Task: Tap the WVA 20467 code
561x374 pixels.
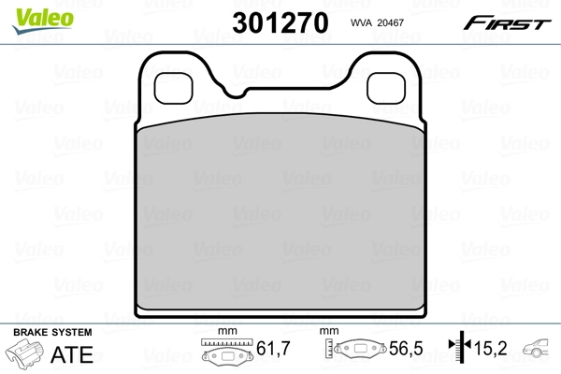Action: [x=376, y=22]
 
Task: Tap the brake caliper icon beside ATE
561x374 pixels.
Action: [x=27, y=356]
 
